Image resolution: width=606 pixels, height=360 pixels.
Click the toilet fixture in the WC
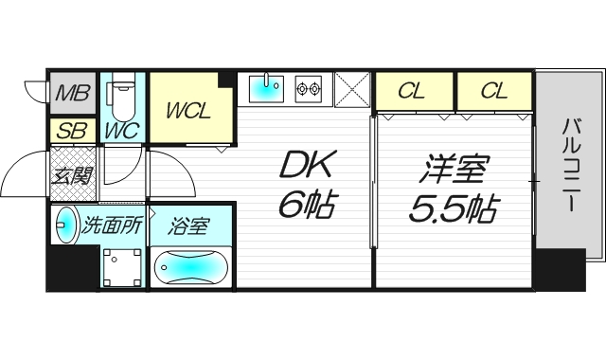pos(121,96)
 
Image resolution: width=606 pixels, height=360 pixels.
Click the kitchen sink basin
pos(267,89)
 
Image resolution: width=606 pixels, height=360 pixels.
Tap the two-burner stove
pos(308,89)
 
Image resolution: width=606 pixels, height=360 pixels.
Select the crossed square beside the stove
pos(350,90)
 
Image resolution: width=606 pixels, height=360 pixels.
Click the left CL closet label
pos(410,91)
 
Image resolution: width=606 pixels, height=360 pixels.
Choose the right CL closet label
pos(492,91)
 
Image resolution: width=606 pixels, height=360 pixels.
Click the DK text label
pos(305,168)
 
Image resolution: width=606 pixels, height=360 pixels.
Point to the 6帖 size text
pos(305,206)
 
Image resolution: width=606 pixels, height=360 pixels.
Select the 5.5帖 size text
pos(454,207)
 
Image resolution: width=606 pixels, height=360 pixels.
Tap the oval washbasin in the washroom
pos(66,225)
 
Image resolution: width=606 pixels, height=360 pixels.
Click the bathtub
pos(189,268)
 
